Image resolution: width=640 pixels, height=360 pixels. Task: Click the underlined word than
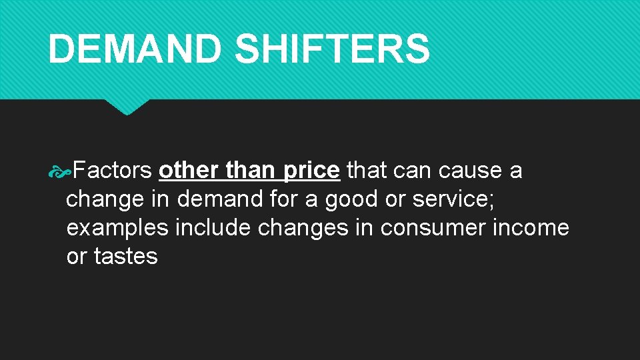coord(250,171)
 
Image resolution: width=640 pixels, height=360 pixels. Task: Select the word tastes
coord(126,257)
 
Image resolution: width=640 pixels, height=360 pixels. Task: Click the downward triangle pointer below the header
coord(127,107)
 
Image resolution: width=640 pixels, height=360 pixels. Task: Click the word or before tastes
coord(77,257)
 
